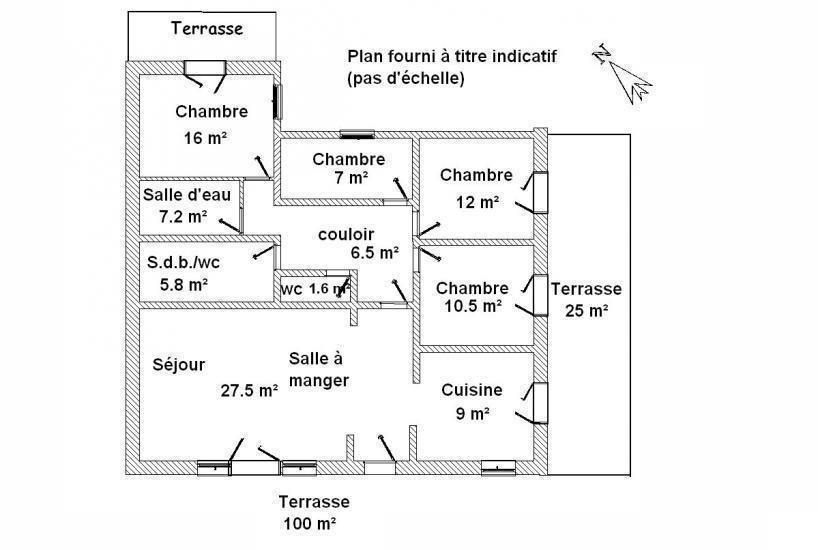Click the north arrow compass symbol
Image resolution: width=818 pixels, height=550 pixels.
pos(622,73)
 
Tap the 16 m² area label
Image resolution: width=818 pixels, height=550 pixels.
pos(205,138)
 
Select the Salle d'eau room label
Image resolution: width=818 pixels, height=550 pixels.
pos(187,195)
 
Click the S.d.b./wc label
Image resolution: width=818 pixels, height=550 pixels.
pos(183,262)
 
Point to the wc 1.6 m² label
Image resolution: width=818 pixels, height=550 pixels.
pos(315,289)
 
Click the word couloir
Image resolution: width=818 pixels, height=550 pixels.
pos(346,234)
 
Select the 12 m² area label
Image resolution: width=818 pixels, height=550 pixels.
pos(477,202)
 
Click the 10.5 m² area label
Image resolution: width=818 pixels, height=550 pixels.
pos(473,306)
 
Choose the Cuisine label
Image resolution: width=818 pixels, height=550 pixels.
pos(472,390)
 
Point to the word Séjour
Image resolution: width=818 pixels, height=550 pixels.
pos(178,364)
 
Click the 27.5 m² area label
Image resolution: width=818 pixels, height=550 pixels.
pos(249,390)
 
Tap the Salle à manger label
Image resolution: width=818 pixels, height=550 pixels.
pos(319,369)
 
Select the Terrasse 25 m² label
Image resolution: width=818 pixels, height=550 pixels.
pos(586,300)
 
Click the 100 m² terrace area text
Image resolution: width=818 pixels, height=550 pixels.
pos(309,523)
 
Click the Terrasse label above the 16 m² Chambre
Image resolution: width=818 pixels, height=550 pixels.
pos(207,28)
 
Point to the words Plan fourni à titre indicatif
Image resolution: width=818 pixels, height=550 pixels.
pos(452,56)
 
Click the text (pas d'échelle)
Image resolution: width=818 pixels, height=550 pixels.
pos(405,79)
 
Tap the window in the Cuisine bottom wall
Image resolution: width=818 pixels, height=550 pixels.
pos(498,468)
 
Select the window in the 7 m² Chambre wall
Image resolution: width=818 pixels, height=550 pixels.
pos(357,135)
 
